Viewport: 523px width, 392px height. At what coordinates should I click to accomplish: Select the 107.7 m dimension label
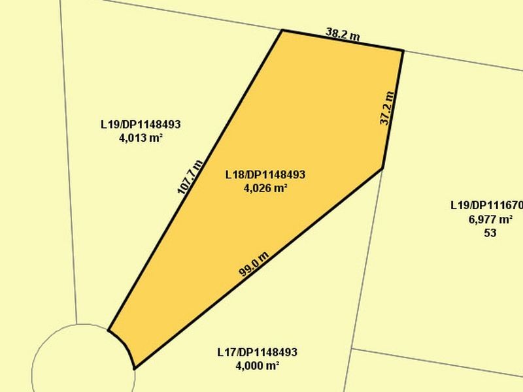coord(190,177)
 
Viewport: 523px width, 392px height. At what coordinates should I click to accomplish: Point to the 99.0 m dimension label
coord(254,264)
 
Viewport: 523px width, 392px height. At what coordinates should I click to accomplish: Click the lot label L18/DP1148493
coord(265,175)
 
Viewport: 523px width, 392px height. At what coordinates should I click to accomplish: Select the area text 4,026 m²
coord(265,188)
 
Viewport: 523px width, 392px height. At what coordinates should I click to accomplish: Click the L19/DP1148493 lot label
coord(140,123)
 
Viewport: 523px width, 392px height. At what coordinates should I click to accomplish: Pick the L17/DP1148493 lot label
coord(257,352)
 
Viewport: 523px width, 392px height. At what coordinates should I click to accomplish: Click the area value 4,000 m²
coord(257,366)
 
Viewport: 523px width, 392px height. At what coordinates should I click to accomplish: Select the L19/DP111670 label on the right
coord(486,205)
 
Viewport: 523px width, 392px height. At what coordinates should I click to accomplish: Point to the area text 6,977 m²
coord(490,220)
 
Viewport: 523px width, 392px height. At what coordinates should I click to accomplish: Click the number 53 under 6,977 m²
coord(490,233)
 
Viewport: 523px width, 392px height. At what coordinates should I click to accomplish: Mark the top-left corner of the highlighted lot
coord(282,30)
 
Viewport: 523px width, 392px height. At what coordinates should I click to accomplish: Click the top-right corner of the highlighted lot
coord(402,50)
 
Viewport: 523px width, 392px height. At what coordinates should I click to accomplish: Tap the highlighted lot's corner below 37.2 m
coord(382,167)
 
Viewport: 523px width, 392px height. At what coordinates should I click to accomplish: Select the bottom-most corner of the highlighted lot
coord(134,369)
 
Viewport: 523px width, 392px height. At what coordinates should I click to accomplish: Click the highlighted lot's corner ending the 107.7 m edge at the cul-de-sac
coord(109,330)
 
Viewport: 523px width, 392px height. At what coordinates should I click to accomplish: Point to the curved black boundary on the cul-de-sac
coord(126,346)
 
